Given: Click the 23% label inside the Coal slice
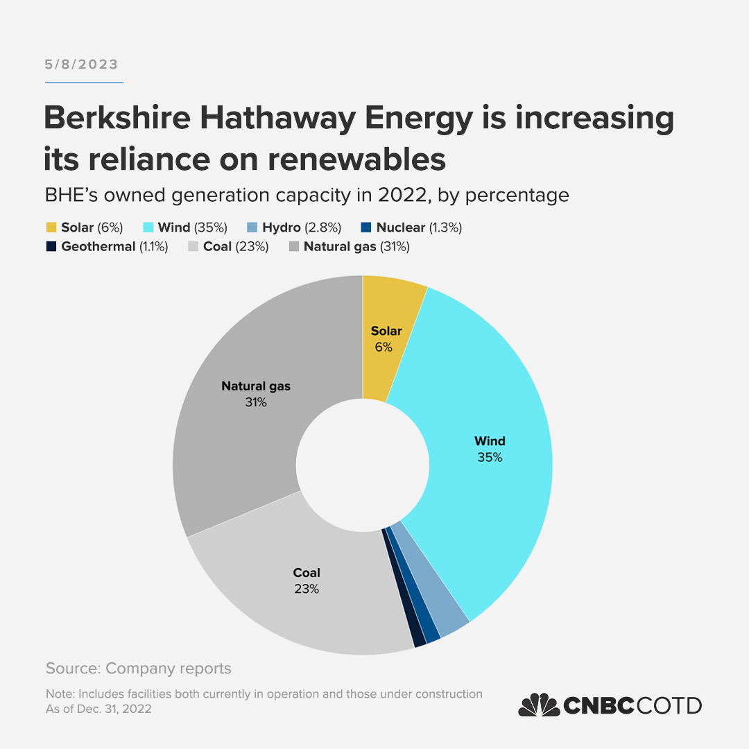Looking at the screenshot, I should (306, 589).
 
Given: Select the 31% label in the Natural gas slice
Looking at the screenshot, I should (255, 402).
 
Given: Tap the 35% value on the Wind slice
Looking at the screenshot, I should (490, 458).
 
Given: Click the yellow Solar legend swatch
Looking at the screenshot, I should (51, 227).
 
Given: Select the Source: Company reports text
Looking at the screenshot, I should (138, 669).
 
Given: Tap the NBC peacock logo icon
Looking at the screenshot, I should (539, 705).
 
